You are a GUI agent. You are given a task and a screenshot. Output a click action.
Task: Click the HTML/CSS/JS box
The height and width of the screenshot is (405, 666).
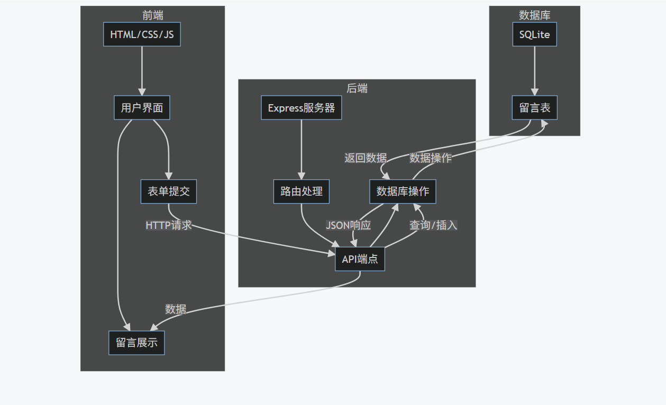click(x=142, y=34)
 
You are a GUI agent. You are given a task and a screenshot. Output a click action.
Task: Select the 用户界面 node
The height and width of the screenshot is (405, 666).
click(x=142, y=108)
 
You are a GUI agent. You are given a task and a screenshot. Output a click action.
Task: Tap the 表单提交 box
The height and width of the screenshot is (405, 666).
click(x=169, y=191)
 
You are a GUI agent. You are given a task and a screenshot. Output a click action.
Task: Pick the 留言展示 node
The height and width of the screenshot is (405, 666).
click(x=136, y=343)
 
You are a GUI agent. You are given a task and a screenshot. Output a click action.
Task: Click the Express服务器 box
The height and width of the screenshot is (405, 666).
click(x=302, y=108)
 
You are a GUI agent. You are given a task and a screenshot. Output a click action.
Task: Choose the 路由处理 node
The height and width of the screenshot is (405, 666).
click(x=302, y=191)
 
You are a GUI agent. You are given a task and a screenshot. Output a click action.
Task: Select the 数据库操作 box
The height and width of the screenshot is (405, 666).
click(x=403, y=191)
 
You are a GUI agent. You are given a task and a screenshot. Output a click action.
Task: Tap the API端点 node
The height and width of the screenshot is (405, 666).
click(x=360, y=259)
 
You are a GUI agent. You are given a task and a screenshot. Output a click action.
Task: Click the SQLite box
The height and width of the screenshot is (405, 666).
click(x=534, y=34)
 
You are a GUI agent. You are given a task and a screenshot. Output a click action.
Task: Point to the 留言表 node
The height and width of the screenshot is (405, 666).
click(x=534, y=108)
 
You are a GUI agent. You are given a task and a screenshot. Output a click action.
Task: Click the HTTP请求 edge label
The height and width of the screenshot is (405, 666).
click(x=168, y=225)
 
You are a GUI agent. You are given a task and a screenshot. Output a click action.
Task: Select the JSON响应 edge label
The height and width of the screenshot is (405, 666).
click(x=348, y=225)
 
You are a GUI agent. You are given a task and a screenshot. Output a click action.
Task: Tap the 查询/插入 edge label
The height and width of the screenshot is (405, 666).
click(x=433, y=225)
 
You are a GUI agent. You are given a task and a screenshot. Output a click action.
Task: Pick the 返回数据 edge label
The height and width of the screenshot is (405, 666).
click(x=366, y=158)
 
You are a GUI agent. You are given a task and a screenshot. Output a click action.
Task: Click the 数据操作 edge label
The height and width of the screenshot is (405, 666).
click(x=431, y=158)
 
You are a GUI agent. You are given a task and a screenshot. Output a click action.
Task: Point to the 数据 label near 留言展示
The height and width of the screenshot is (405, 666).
click(x=176, y=309)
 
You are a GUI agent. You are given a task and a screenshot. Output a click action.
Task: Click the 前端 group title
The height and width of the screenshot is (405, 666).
click(x=153, y=16)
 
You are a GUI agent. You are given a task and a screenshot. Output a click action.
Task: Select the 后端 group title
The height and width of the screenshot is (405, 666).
click(x=357, y=88)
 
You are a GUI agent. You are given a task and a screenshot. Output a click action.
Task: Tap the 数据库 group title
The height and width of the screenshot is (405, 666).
click(x=534, y=16)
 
